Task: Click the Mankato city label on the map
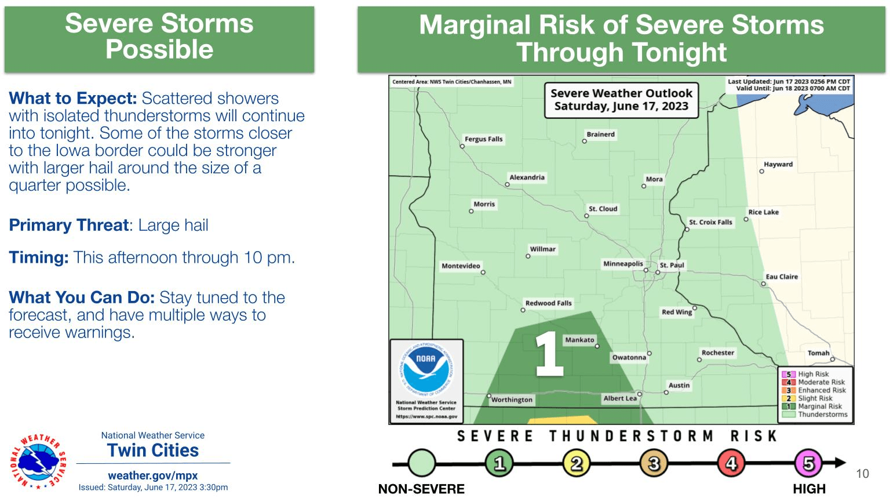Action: click(579, 340)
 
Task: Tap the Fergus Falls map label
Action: click(483, 139)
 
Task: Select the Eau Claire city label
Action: click(782, 277)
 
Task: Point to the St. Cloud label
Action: click(603, 209)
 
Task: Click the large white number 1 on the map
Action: click(548, 353)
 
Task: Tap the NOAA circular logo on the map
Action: click(426, 369)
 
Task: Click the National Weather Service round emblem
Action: click(38, 461)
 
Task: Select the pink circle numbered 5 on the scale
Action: click(808, 463)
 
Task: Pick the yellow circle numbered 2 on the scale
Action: click(577, 463)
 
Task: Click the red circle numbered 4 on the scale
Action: click(731, 463)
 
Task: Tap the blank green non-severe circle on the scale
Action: click(421, 463)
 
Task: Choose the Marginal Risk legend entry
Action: click(819, 406)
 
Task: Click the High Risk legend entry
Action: click(813, 374)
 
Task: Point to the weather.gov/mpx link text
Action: click(153, 475)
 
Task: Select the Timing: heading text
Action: click(38, 257)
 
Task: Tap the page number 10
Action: click(862, 474)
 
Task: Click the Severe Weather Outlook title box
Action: click(621, 100)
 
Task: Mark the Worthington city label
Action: click(511, 400)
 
